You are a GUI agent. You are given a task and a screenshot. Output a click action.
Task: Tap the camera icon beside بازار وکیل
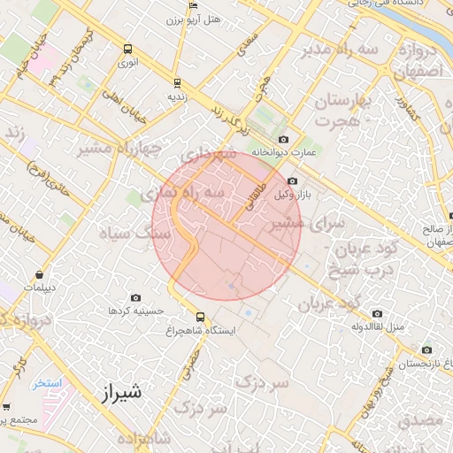(x=293, y=181)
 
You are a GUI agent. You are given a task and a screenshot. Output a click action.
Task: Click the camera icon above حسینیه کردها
(x=135, y=298)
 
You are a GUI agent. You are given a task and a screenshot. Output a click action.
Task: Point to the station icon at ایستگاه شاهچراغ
(x=200, y=317)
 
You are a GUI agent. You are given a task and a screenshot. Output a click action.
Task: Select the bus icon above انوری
(x=128, y=50)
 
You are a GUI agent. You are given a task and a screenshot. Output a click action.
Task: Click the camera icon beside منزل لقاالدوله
(x=378, y=313)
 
